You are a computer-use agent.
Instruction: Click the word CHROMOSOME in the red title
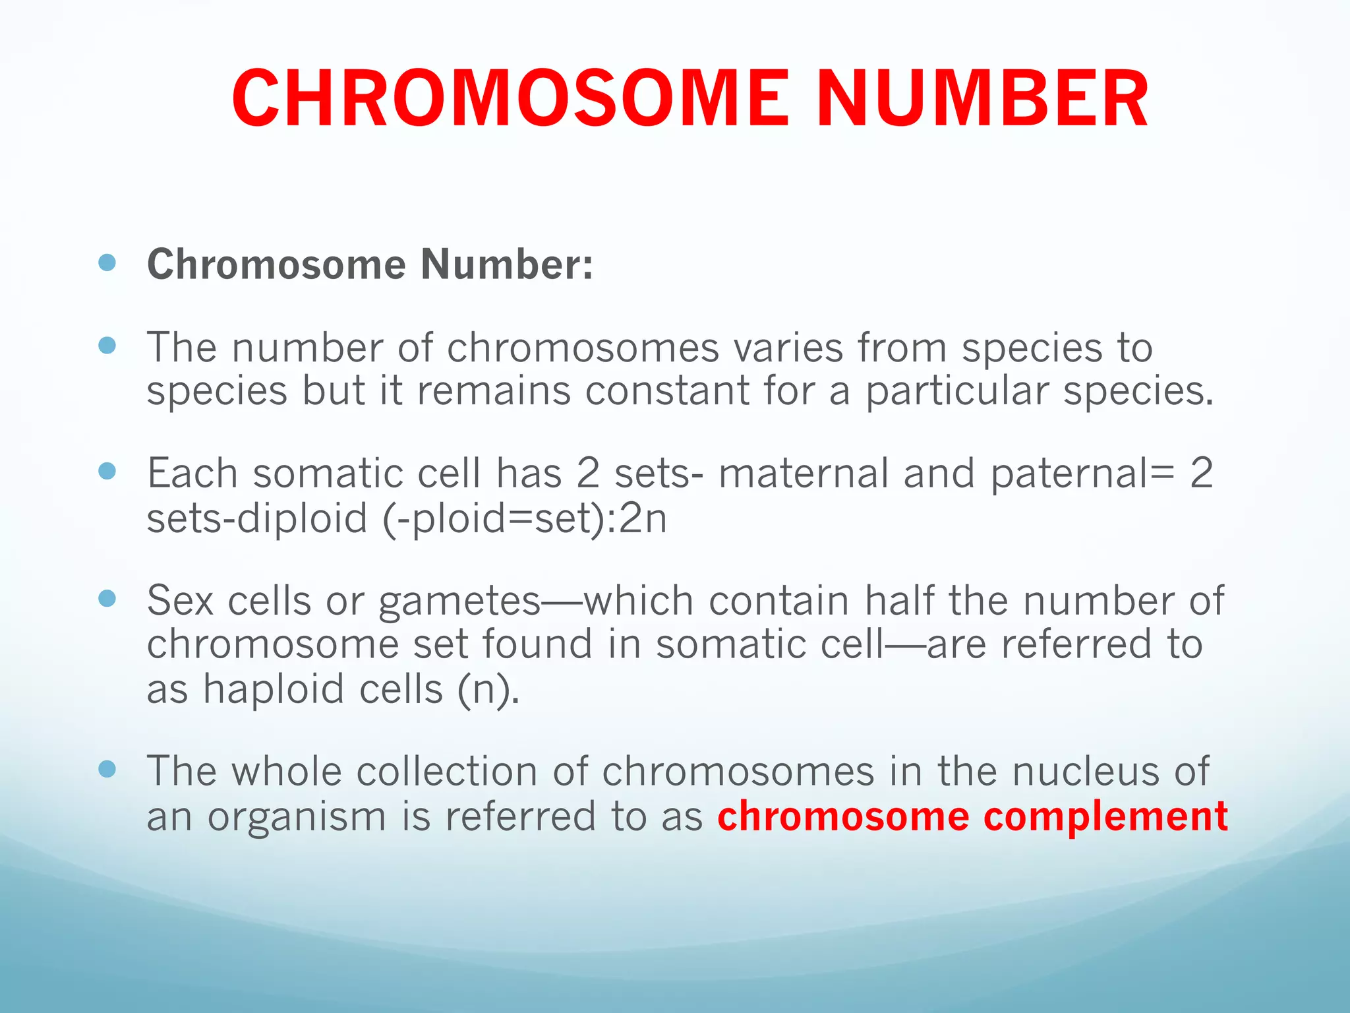click(x=510, y=99)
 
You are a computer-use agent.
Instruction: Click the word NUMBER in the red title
click(x=983, y=99)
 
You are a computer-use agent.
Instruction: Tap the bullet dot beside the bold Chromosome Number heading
click(x=107, y=263)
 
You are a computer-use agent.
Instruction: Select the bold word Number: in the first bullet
click(x=507, y=264)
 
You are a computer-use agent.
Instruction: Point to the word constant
click(x=667, y=390)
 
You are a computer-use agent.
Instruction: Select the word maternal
click(x=804, y=474)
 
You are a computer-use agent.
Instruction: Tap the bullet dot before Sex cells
click(x=107, y=598)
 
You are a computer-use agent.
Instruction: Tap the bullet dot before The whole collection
click(x=107, y=768)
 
